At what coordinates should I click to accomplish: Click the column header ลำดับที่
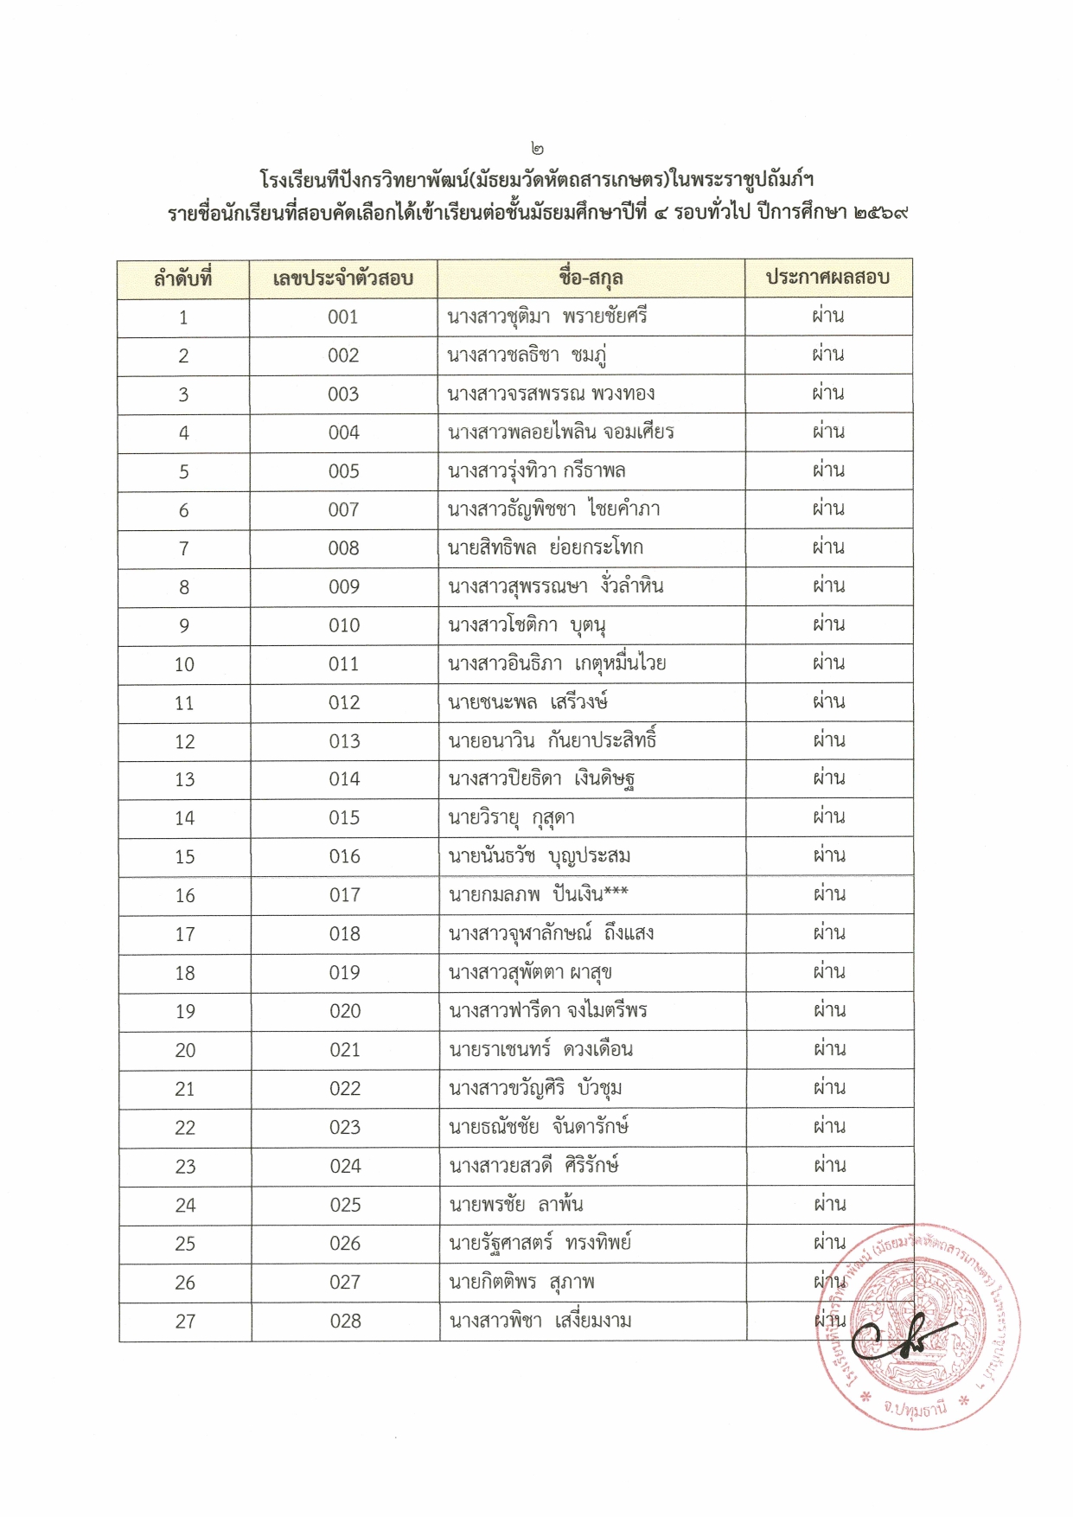click(183, 279)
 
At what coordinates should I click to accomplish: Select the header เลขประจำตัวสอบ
click(343, 279)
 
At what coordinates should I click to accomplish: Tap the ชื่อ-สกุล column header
click(591, 278)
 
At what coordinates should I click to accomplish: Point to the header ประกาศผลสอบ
click(827, 278)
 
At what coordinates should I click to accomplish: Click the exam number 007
click(343, 510)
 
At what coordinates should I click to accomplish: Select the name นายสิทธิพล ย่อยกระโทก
click(546, 548)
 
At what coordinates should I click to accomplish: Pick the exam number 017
click(344, 895)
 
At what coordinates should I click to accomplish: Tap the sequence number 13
click(184, 780)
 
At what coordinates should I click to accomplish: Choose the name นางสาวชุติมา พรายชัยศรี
click(547, 317)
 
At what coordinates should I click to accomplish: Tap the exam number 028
click(344, 1321)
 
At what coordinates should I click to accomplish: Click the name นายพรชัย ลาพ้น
click(516, 1205)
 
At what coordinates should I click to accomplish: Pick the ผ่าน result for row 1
click(827, 317)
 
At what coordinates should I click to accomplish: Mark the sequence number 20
click(185, 1050)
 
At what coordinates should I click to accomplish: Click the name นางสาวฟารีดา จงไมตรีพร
click(548, 1011)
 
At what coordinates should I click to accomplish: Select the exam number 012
click(344, 703)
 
